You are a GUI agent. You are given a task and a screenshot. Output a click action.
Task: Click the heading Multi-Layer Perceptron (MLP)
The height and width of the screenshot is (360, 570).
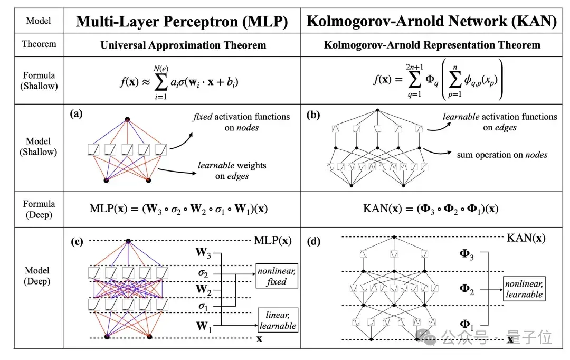(x=182, y=22)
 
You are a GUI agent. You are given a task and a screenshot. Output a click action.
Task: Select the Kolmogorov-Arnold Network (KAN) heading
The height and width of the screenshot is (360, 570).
(x=432, y=21)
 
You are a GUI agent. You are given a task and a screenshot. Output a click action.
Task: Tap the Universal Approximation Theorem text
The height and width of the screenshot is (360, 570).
(x=183, y=45)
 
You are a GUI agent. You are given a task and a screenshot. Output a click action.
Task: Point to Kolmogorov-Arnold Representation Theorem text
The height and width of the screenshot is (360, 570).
(x=432, y=45)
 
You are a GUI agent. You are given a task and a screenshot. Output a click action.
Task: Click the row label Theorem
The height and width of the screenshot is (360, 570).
(x=39, y=44)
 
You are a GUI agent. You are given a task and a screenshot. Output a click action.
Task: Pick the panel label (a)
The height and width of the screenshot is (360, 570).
(x=77, y=114)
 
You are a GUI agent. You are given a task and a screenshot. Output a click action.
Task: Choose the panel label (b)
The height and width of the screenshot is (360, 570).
(x=313, y=115)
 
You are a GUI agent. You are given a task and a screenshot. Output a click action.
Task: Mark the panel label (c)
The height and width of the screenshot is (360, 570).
(x=77, y=241)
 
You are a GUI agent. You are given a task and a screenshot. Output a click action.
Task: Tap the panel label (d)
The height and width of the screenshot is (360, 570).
(x=313, y=241)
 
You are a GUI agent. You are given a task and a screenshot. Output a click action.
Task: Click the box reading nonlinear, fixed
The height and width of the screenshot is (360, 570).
(x=277, y=276)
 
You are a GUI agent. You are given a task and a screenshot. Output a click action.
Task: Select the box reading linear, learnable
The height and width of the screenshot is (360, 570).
(x=278, y=320)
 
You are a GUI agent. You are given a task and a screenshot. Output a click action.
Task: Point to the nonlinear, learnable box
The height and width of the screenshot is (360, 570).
(x=524, y=289)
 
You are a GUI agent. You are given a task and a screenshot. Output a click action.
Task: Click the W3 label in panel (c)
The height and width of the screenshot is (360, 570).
(x=203, y=252)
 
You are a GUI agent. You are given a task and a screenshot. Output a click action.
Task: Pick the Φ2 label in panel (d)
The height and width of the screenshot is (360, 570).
(x=467, y=289)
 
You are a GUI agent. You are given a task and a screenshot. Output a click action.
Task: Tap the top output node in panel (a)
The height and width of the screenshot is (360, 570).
(x=127, y=119)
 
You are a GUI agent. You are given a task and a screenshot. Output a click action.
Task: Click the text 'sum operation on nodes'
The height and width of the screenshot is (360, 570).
(x=502, y=155)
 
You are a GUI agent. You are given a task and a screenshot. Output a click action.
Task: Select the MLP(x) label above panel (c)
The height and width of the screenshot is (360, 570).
(x=273, y=240)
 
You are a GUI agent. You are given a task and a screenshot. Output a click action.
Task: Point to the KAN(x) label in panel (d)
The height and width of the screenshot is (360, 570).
(x=526, y=238)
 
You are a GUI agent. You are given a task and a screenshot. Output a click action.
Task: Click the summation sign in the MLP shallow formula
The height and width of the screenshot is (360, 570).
(x=161, y=82)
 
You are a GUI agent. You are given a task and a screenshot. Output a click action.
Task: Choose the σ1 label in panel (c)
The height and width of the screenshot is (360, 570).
(x=203, y=306)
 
